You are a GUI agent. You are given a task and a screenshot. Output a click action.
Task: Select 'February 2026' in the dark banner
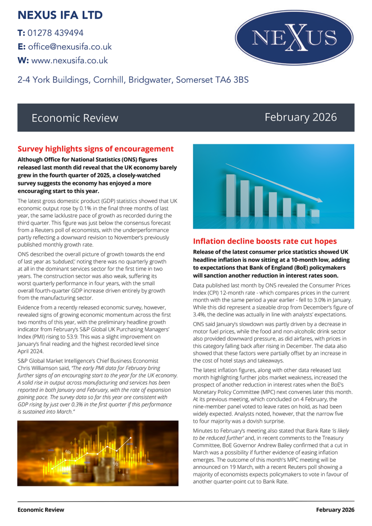301,118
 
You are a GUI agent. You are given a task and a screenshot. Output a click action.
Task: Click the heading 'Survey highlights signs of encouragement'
96,149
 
